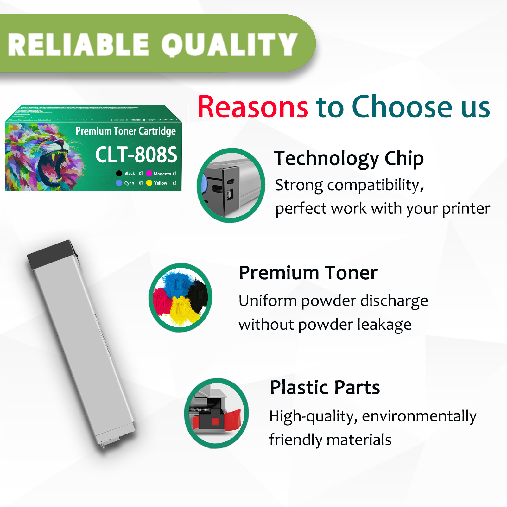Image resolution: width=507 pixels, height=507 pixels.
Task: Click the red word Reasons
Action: (x=253, y=107)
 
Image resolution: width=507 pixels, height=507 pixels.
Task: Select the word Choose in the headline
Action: (x=402, y=107)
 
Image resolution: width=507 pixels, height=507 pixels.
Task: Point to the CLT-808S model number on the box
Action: (x=136, y=155)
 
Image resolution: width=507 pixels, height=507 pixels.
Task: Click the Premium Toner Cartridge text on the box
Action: (x=125, y=131)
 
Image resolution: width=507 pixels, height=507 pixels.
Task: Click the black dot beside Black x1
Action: (x=119, y=174)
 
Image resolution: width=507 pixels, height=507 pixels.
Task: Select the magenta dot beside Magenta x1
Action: (x=149, y=174)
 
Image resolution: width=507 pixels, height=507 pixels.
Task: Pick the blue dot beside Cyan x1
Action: (x=119, y=183)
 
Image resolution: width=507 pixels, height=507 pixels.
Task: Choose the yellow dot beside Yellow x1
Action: (x=149, y=183)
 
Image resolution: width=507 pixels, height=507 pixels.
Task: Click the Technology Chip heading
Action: (x=349, y=158)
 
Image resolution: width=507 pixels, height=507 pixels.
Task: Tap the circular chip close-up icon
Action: (x=231, y=185)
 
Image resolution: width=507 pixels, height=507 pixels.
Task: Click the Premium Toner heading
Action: (x=308, y=273)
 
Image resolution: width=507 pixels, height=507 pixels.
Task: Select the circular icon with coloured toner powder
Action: (x=181, y=298)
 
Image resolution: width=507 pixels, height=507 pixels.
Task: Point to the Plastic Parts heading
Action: (x=325, y=387)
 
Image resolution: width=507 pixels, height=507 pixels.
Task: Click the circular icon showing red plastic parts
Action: (x=217, y=413)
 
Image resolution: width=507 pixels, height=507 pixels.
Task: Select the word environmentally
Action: (x=419, y=416)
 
